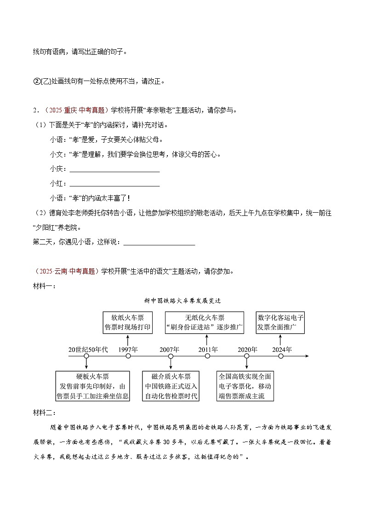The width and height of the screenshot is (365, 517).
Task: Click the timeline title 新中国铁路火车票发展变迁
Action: click(182, 301)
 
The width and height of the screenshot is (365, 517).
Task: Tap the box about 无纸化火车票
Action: click(205, 322)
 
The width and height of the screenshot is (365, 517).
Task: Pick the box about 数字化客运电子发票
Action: click(281, 322)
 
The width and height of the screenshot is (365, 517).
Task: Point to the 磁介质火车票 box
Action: click(171, 386)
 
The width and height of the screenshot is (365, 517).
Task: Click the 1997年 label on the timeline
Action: click(128, 349)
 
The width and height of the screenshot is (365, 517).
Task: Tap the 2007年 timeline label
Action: click(170, 349)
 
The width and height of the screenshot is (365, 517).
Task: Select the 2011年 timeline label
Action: click(208, 349)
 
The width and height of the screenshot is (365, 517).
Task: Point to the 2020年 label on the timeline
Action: click(247, 349)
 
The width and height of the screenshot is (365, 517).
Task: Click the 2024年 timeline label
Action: click(282, 349)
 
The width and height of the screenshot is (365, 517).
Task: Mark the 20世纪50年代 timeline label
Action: click(88, 349)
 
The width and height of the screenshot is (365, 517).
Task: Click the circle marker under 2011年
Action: click(208, 356)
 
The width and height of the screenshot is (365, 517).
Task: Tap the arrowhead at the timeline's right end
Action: click(307, 356)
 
